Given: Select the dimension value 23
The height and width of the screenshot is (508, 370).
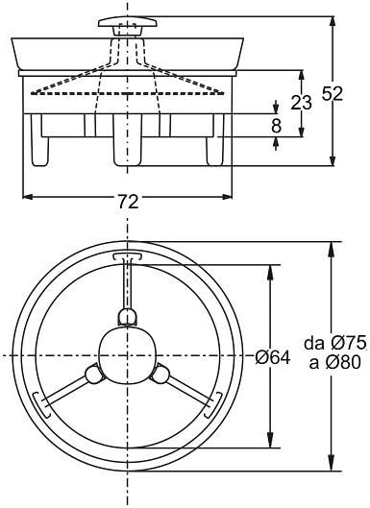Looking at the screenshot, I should pyautogui.click(x=301, y=102).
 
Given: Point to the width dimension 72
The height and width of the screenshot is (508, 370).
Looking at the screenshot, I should pyautogui.click(x=128, y=201).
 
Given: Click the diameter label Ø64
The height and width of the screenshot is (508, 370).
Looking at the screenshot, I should pyautogui.click(x=274, y=356).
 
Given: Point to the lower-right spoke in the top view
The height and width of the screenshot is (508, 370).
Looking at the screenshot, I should pyautogui.click(x=185, y=390).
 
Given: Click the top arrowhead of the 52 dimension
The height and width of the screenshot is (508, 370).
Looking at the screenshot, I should pyautogui.click(x=333, y=18).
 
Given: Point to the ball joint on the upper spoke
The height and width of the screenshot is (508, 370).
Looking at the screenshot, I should pyautogui.click(x=127, y=320).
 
